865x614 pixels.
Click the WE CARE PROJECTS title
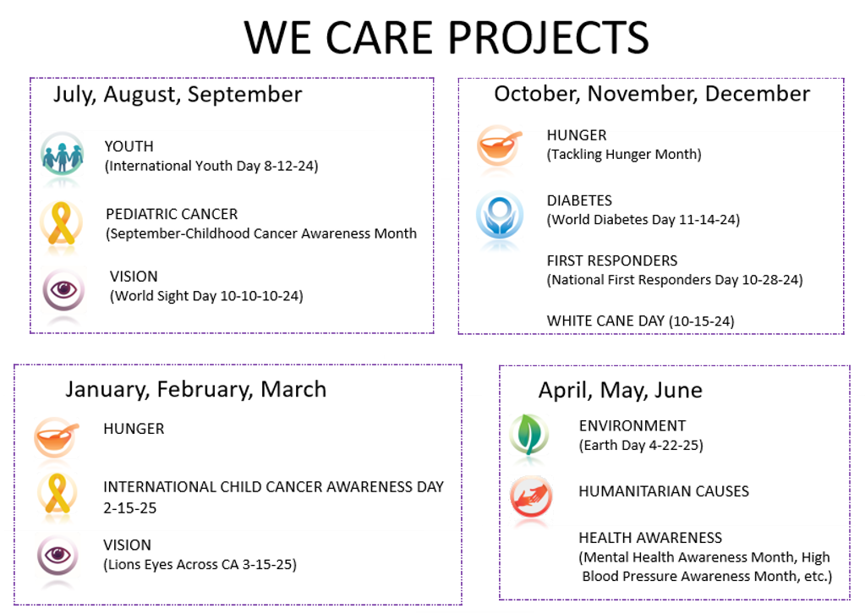click(x=446, y=37)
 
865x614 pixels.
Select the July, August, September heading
click(x=178, y=95)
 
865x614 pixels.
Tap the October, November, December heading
click(x=652, y=94)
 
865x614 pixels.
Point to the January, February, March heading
click(x=196, y=390)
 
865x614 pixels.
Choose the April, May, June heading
click(x=621, y=391)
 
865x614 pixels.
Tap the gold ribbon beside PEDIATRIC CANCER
click(x=61, y=223)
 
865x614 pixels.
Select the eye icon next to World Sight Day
click(x=63, y=289)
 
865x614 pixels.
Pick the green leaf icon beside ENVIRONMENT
click(x=529, y=435)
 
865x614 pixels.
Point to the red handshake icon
click(x=531, y=496)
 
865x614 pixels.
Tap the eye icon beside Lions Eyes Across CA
click(x=58, y=555)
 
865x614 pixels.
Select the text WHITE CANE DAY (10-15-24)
click(x=640, y=321)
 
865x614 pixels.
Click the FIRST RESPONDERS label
click(x=612, y=260)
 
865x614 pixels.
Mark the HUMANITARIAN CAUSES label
click(x=664, y=491)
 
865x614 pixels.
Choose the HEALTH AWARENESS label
click(x=650, y=538)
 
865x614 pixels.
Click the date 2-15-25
click(x=130, y=508)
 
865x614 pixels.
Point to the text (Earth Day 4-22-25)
click(x=641, y=445)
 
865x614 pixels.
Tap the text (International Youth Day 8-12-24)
click(x=211, y=166)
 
